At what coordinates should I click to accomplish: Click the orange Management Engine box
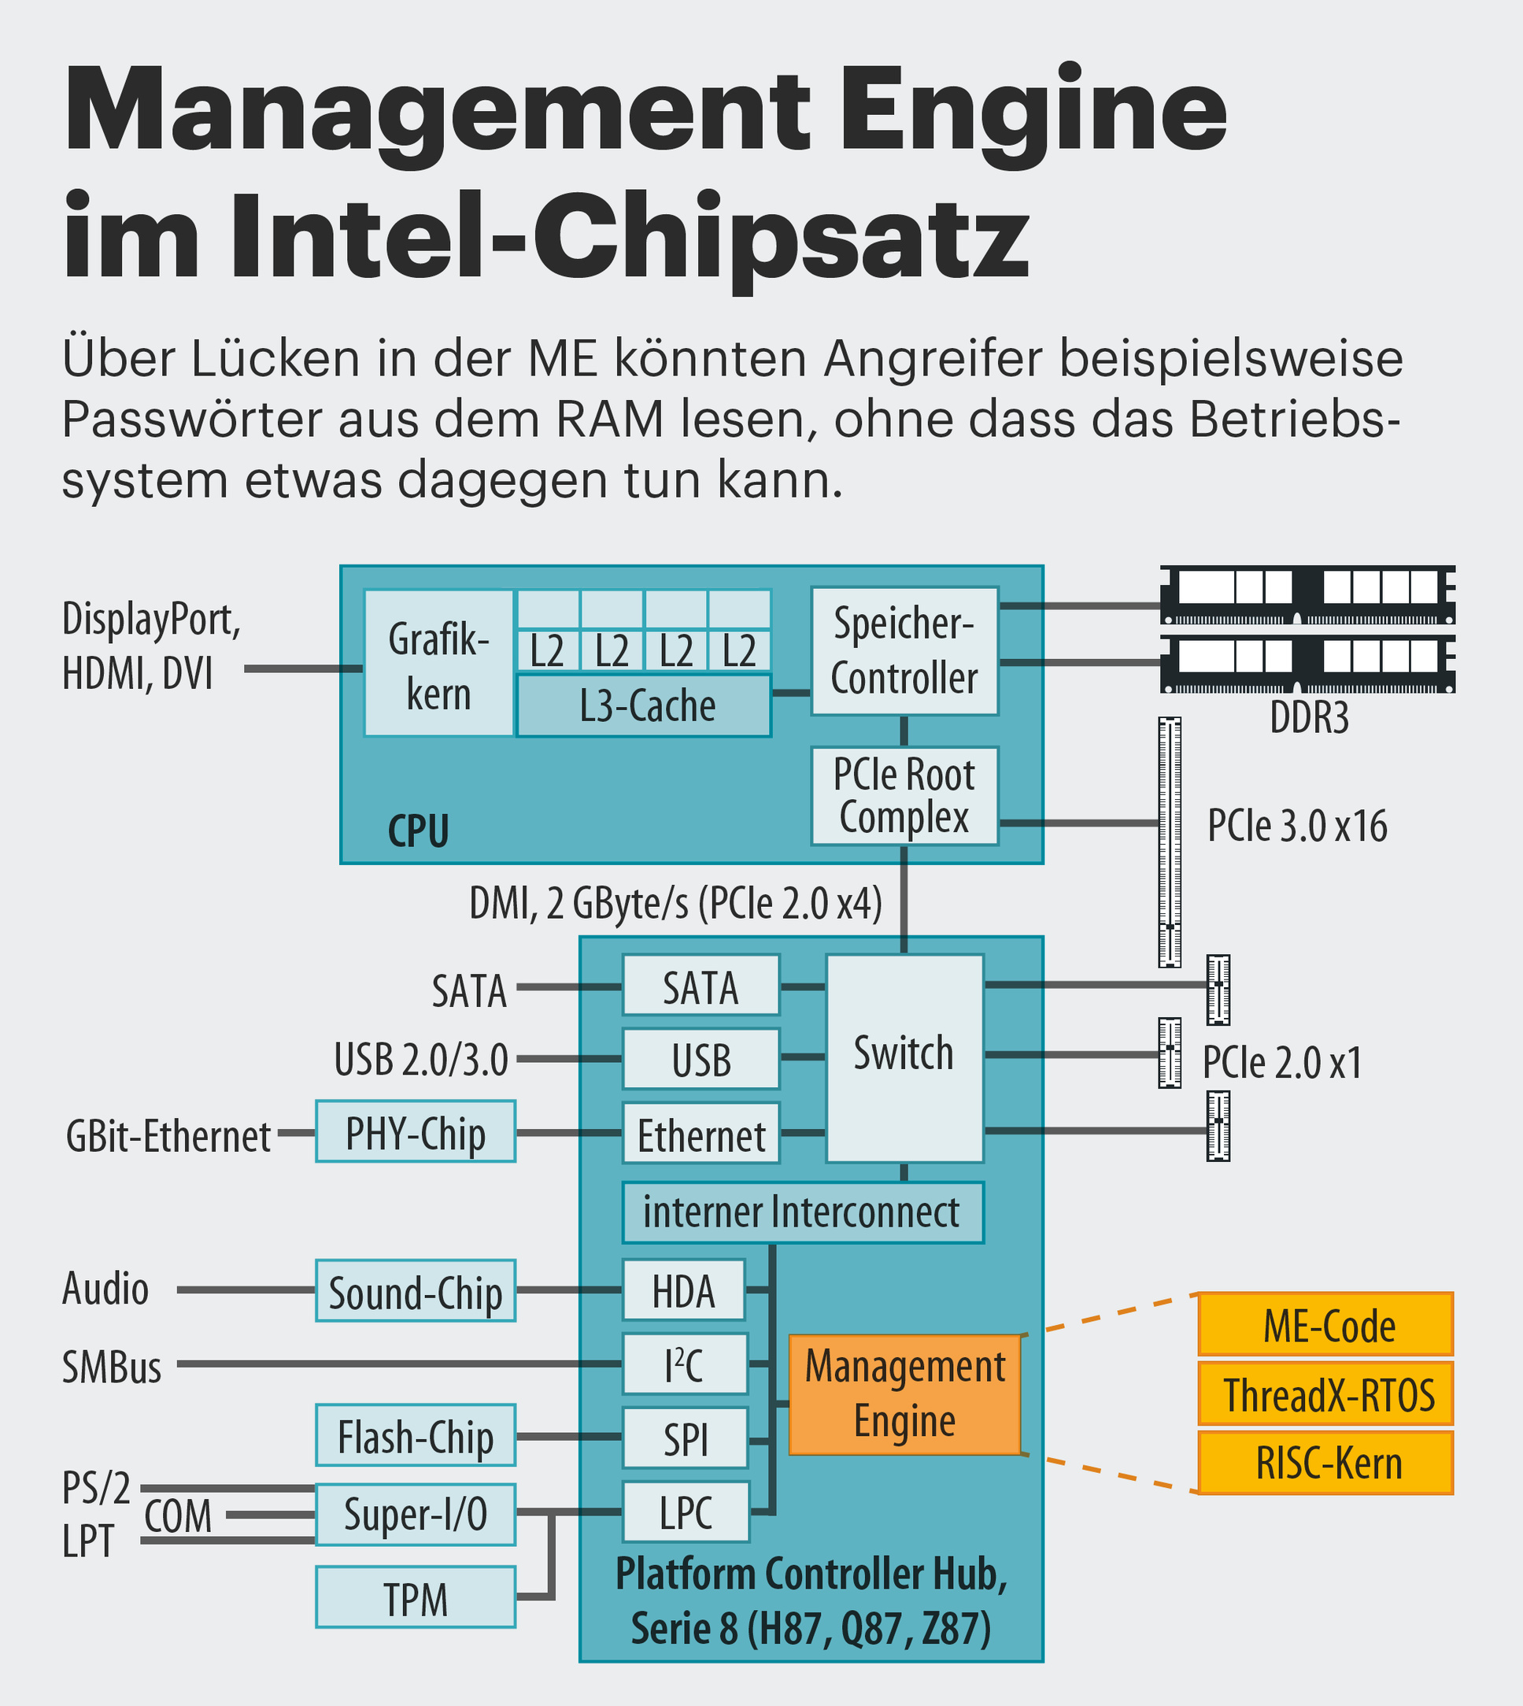click(x=904, y=1393)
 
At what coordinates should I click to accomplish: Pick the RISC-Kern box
click(x=1325, y=1464)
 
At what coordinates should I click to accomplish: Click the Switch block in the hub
click(x=904, y=1057)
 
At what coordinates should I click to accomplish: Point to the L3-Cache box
click(x=644, y=705)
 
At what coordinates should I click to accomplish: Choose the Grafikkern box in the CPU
click(x=438, y=663)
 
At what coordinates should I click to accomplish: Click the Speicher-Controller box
click(x=904, y=650)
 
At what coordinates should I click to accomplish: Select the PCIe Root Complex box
click(x=904, y=796)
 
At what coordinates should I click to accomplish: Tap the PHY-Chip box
click(x=415, y=1132)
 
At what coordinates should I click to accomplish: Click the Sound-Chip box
click(x=415, y=1291)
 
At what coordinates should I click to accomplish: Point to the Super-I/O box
click(x=415, y=1515)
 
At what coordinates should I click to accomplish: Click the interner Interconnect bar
click(x=803, y=1212)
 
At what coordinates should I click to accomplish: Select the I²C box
click(x=685, y=1364)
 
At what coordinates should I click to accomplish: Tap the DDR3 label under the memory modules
click(x=1309, y=717)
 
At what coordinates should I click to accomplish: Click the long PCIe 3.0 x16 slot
click(x=1169, y=842)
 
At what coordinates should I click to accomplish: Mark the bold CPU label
click(x=419, y=831)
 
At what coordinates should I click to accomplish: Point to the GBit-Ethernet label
click(x=168, y=1137)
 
